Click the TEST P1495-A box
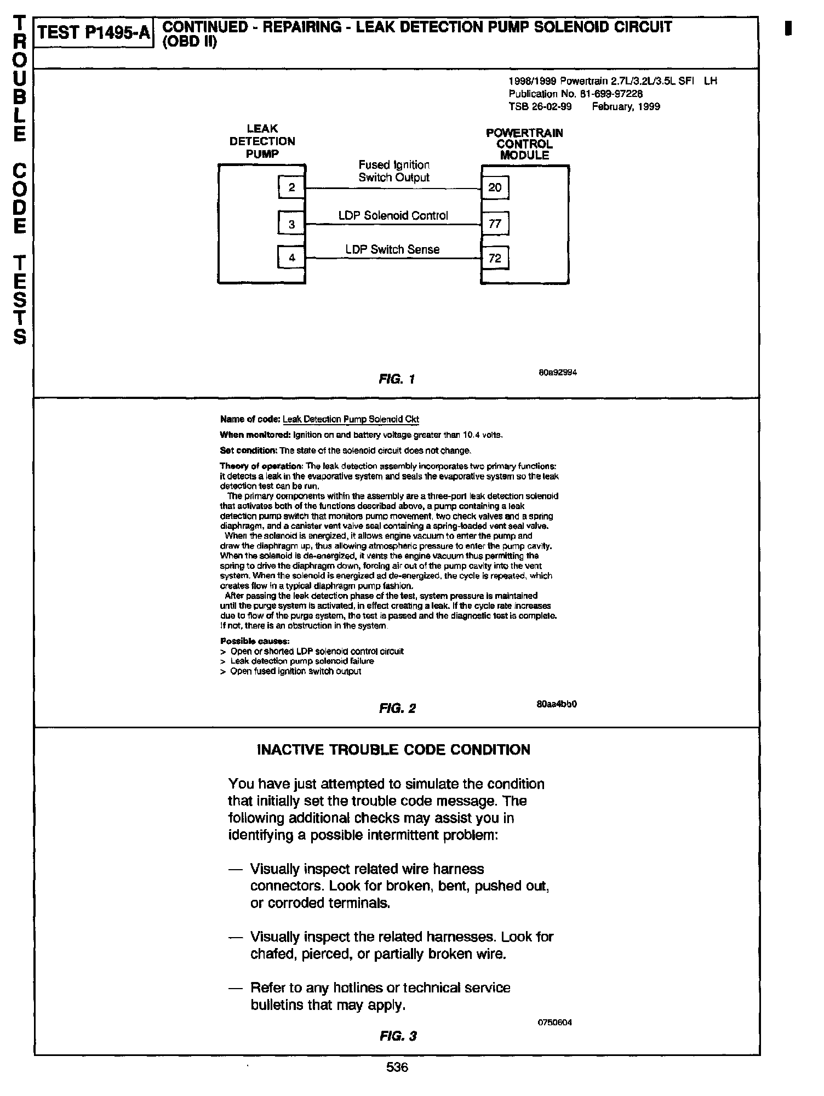pyautogui.click(x=94, y=33)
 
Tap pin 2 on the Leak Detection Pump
pyautogui.click(x=291, y=188)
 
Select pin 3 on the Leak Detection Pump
pyautogui.click(x=291, y=224)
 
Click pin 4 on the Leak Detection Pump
pyautogui.click(x=291, y=258)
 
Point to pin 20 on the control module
pyautogui.click(x=495, y=188)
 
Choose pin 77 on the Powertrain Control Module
pyautogui.click(x=495, y=224)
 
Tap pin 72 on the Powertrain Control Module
pyautogui.click(x=495, y=258)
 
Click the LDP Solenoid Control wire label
pyautogui.click(x=393, y=216)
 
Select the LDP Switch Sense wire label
pyautogui.click(x=392, y=250)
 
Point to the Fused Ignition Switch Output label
pyautogui.click(x=394, y=171)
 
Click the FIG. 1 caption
pyautogui.click(x=397, y=379)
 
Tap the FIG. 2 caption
pyautogui.click(x=397, y=709)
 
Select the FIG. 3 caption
pyautogui.click(x=398, y=1036)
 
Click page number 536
pyautogui.click(x=397, y=1068)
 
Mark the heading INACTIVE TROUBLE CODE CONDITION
pyautogui.click(x=393, y=750)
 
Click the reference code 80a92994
pyautogui.click(x=558, y=373)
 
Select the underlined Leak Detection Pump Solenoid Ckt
pyautogui.click(x=351, y=420)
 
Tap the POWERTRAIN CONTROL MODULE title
pyautogui.click(x=524, y=144)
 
